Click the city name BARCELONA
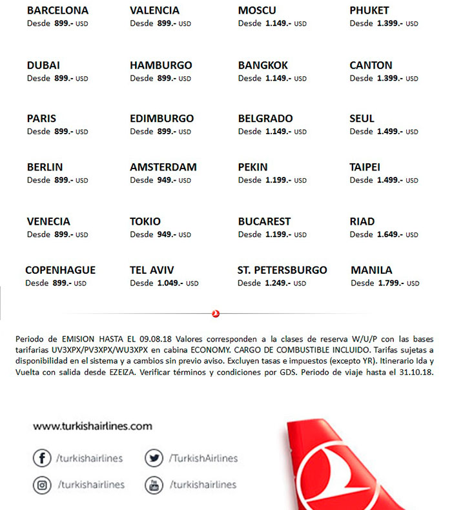[x=57, y=11]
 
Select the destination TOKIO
[x=145, y=221]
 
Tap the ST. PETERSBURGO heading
[x=282, y=270]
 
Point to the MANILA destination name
[x=371, y=270]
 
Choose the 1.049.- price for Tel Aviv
[x=170, y=283]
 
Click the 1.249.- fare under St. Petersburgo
[x=278, y=283]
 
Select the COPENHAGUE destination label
[x=60, y=270]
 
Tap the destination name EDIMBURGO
[x=161, y=119]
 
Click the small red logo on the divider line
[x=216, y=314]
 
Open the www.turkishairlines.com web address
[x=92, y=426]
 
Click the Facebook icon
[x=42, y=458]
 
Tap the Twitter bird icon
[x=154, y=458]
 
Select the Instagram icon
[x=42, y=484]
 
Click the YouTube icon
[x=154, y=484]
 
